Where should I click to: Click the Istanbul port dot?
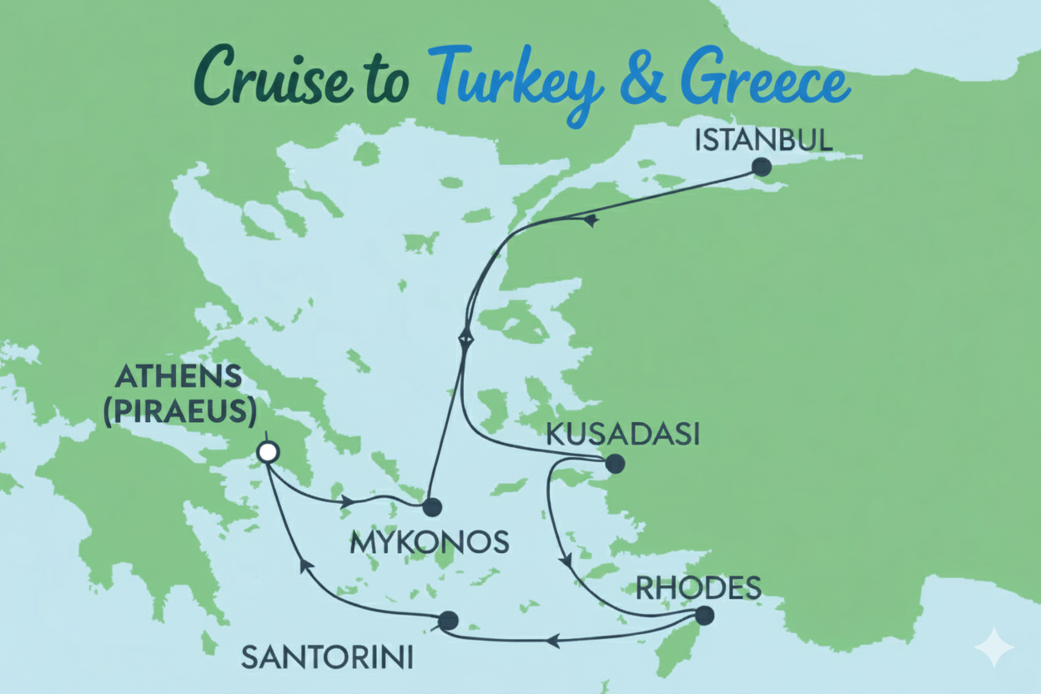coord(761,167)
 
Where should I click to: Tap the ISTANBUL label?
coord(763,139)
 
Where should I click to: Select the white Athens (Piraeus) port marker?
coord(268,452)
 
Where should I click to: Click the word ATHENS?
coord(179,377)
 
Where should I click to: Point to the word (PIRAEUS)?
coord(179,411)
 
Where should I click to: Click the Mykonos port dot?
coord(431,506)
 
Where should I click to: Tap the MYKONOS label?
coord(429,543)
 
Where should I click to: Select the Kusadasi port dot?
coord(614,463)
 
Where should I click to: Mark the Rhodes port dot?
coord(704,616)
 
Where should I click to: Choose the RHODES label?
coord(698,588)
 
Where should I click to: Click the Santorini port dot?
coord(448,621)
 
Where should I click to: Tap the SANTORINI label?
coord(327,658)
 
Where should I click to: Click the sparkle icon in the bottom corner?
coord(993,647)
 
